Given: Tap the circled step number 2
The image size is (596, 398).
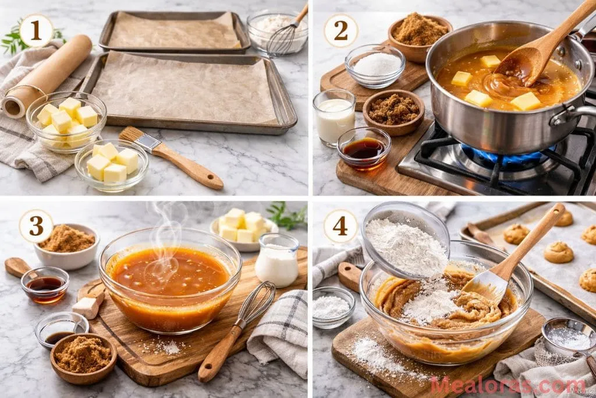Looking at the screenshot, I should tap(340, 30).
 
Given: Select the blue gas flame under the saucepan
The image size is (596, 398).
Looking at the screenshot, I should tap(506, 157).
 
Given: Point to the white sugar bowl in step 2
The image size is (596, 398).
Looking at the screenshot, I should tap(375, 65).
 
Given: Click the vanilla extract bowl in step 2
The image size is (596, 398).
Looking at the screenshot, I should tap(364, 148).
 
